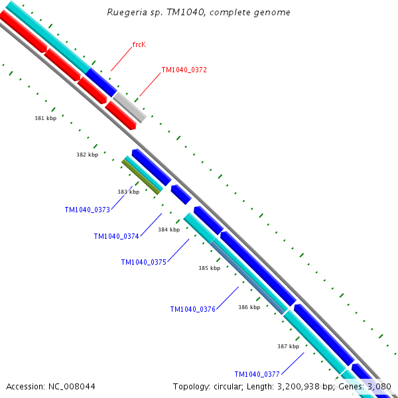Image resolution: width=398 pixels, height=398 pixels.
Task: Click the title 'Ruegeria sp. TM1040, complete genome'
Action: click(198, 13)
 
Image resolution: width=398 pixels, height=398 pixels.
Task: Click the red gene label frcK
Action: click(139, 44)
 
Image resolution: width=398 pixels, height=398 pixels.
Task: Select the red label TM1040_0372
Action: click(184, 70)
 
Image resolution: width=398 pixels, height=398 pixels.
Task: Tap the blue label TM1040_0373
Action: click(87, 210)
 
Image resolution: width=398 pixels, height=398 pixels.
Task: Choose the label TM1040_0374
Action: click(116, 236)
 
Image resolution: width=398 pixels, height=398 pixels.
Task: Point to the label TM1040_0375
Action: click(143, 262)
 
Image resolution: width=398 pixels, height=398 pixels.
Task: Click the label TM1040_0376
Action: click(192, 309)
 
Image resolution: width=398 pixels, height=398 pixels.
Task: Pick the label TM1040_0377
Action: click(258, 374)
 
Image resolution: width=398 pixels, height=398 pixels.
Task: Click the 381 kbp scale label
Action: click(45, 118)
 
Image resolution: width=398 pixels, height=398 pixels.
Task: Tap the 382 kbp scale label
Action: click(87, 155)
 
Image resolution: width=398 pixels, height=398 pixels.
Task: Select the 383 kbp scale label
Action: click(129, 192)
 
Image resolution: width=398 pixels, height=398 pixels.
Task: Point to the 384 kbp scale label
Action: click(168, 230)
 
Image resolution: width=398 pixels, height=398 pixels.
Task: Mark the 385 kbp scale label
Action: click(209, 268)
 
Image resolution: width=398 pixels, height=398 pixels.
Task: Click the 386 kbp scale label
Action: click(249, 307)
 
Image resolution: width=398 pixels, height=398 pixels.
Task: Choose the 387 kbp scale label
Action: click(288, 346)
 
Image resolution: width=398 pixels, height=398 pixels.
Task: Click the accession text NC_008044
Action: click(50, 386)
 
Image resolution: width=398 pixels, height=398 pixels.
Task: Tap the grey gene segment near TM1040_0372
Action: click(129, 107)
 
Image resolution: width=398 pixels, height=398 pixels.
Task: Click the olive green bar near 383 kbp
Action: click(142, 177)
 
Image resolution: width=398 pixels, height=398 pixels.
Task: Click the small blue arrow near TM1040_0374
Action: click(180, 194)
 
